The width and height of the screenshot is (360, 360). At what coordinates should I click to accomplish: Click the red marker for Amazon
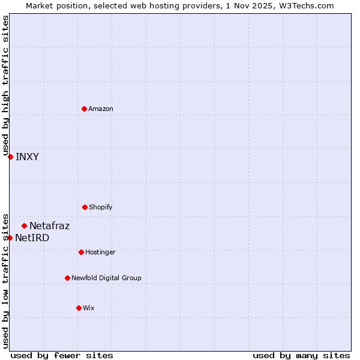click(x=84, y=109)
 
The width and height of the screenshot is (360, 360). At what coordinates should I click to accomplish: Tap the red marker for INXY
click(x=10, y=157)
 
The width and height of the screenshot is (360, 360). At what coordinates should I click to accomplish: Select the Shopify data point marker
click(x=85, y=207)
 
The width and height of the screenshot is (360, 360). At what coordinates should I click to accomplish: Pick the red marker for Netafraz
click(x=24, y=226)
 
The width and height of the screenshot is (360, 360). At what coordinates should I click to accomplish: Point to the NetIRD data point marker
click(x=10, y=238)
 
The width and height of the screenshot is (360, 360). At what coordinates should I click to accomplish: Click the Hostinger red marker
click(x=81, y=252)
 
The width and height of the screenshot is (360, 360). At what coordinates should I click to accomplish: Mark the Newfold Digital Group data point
click(x=67, y=278)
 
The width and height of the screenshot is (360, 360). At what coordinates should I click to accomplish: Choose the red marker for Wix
click(x=79, y=308)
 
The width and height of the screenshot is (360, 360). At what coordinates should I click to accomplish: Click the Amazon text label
click(x=101, y=109)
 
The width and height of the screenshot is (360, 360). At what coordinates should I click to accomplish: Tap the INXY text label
click(x=27, y=157)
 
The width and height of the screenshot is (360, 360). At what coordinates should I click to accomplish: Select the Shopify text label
click(x=101, y=207)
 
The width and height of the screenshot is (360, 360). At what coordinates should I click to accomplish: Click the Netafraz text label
click(x=49, y=226)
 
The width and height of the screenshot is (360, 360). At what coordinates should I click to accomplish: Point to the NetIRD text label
click(x=32, y=238)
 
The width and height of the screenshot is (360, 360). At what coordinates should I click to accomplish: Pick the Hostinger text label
click(x=100, y=252)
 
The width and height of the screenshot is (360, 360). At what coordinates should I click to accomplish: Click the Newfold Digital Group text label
click(x=106, y=278)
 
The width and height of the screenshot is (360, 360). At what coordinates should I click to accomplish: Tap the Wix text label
click(x=89, y=308)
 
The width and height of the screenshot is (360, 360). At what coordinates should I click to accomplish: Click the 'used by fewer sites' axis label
click(x=62, y=355)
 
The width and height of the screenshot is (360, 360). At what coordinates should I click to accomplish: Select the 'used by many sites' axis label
click(x=301, y=355)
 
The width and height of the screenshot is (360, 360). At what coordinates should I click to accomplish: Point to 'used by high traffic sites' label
click(x=5, y=85)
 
